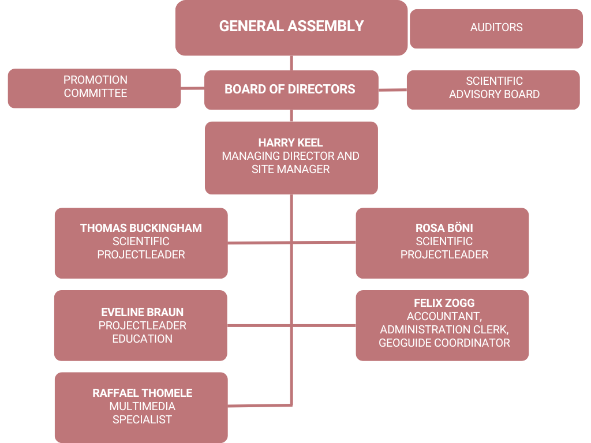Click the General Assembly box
click(x=291, y=28)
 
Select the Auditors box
click(x=496, y=29)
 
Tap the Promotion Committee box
click(x=94, y=88)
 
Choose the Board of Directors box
click(x=291, y=90)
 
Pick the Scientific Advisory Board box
click(x=493, y=89)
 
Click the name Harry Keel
click(x=291, y=143)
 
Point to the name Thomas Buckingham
click(x=141, y=228)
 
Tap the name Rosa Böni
click(x=444, y=228)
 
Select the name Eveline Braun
click(x=142, y=312)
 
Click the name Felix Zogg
click(x=444, y=303)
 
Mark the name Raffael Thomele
click(x=142, y=393)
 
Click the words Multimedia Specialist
click(x=142, y=413)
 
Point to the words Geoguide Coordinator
click(x=444, y=343)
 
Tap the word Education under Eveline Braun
click(x=142, y=339)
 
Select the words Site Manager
click(x=291, y=170)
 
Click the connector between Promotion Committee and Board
click(x=193, y=88)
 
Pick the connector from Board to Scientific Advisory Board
click(x=392, y=90)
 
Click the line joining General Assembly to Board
click(x=291, y=63)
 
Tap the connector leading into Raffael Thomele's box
click(x=260, y=406)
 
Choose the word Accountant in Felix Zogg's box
click(x=444, y=317)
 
